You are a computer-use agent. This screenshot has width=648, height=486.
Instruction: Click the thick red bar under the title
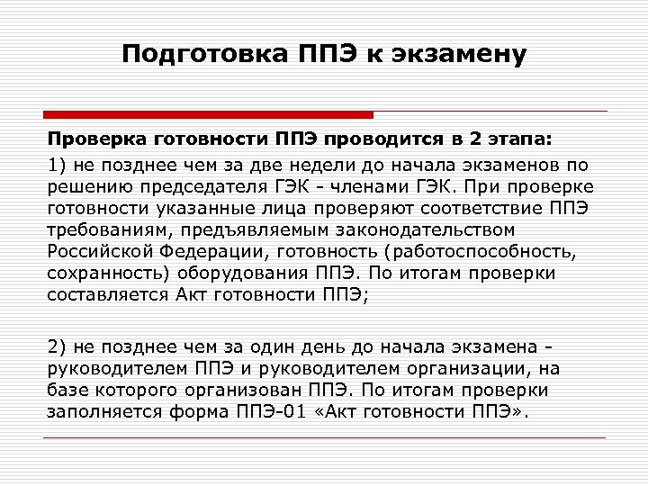pyautogui.click(x=208, y=115)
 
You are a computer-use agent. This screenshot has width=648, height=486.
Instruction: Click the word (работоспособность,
pyautogui.click(x=465, y=252)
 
